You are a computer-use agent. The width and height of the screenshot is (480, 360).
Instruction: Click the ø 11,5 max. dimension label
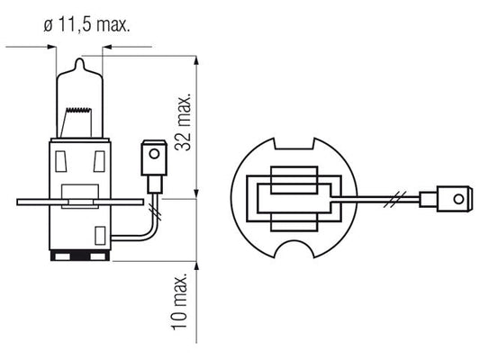pyautogui.click(x=86, y=24)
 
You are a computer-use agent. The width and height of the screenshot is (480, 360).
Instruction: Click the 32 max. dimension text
pyautogui.click(x=183, y=122)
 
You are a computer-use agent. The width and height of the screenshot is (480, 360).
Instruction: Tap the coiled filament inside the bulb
pyautogui.click(x=79, y=110)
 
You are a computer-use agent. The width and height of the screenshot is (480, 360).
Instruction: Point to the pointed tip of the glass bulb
pyautogui.click(x=79, y=58)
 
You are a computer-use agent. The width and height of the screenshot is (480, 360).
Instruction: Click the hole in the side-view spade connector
pyautogui.click(x=154, y=154)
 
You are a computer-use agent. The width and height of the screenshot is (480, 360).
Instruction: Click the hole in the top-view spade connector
pyautogui.click(x=458, y=200)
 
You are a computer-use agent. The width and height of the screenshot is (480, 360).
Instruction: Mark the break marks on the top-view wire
pyautogui.click(x=395, y=200)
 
